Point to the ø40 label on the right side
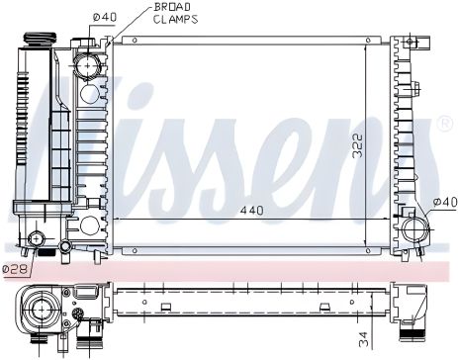[x=444, y=203]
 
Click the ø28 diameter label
[x=13, y=267]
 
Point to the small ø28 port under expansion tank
[x=40, y=239]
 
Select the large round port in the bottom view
[x=42, y=309]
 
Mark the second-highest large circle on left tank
[x=90, y=94]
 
